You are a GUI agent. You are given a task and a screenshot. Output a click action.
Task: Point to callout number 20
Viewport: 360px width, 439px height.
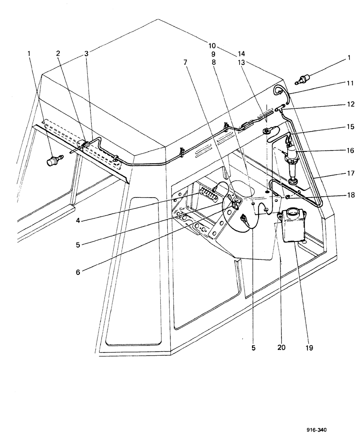281,347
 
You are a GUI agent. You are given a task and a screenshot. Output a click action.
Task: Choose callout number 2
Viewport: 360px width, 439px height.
58,54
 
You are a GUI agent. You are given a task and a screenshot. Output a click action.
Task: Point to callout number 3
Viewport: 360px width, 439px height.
86,54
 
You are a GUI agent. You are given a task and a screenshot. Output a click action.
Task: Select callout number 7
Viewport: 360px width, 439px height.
186,62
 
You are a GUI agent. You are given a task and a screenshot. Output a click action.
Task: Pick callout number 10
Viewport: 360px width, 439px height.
212,46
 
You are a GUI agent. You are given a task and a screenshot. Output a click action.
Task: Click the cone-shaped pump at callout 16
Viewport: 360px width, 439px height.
292,162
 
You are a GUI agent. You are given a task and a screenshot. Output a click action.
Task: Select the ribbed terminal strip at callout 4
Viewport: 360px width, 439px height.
208,192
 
